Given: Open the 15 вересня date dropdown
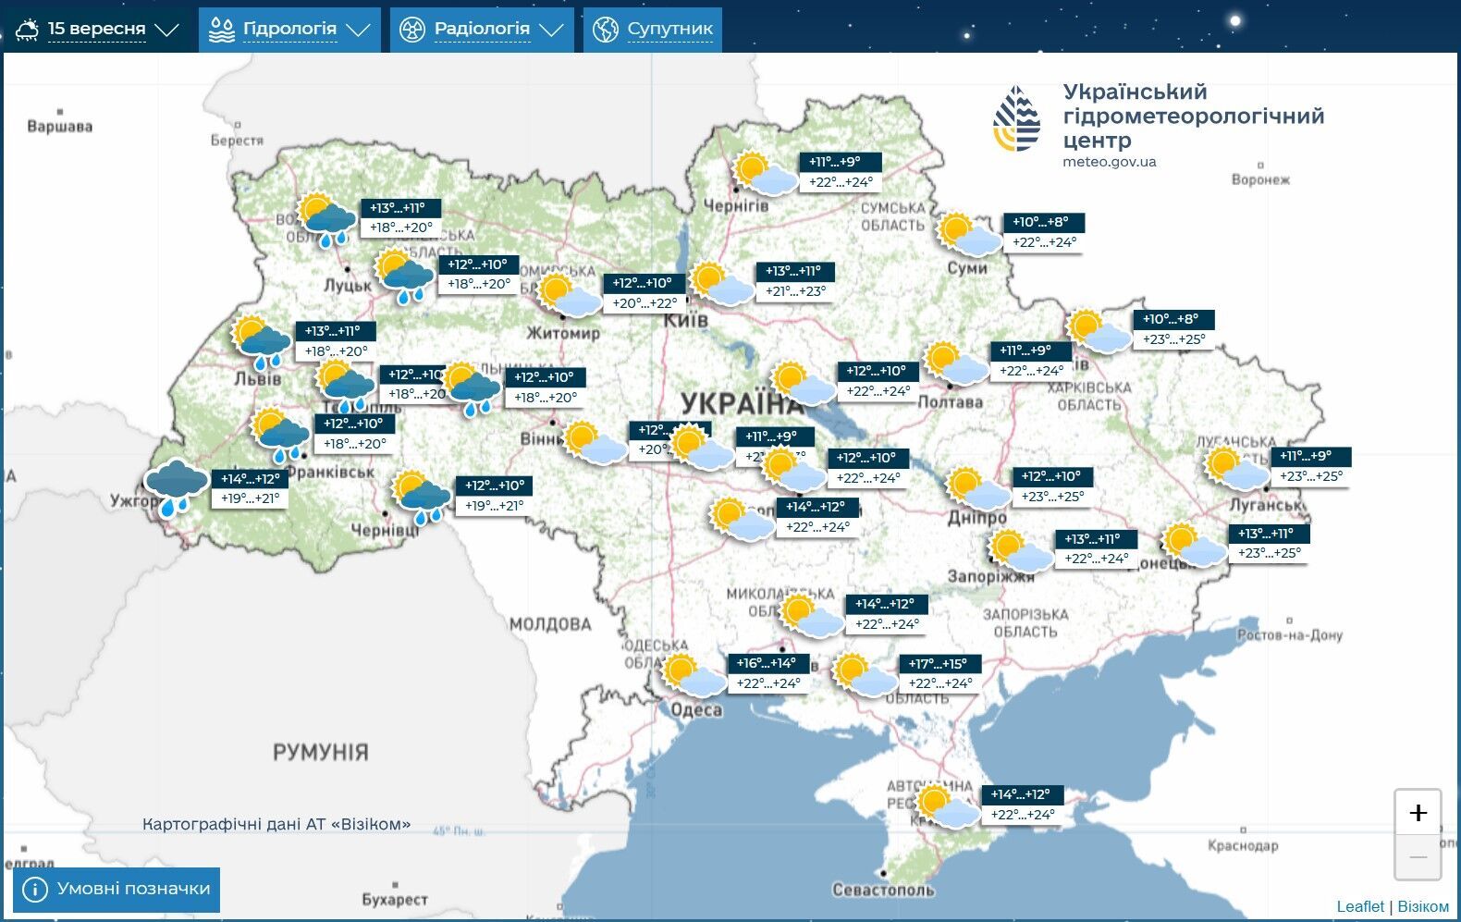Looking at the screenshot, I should tap(96, 30).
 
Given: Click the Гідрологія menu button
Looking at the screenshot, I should tap(289, 30).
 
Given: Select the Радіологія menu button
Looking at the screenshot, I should tap(481, 30).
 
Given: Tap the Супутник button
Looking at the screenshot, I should tap(653, 30).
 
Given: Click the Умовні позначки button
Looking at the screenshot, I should tap(117, 889).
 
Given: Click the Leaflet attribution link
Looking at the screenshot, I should tap(1360, 906).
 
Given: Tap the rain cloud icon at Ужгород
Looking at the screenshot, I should tap(176, 486).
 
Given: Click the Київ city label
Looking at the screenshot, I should tap(686, 320).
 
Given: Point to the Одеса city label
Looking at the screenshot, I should tap(696, 709).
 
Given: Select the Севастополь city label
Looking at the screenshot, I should tap(883, 890).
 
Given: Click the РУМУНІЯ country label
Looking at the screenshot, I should tap(320, 752).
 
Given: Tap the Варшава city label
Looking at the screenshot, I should tap(60, 126).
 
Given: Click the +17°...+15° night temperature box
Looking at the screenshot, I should tap(939, 664).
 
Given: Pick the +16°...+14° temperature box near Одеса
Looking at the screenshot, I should tap(767, 663).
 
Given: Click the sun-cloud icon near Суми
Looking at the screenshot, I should tap(968, 234).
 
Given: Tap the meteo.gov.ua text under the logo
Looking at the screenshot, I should tap(1109, 162).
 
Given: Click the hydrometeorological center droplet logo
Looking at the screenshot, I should tap(1016, 118).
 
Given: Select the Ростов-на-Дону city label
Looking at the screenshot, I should tap(1289, 634).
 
